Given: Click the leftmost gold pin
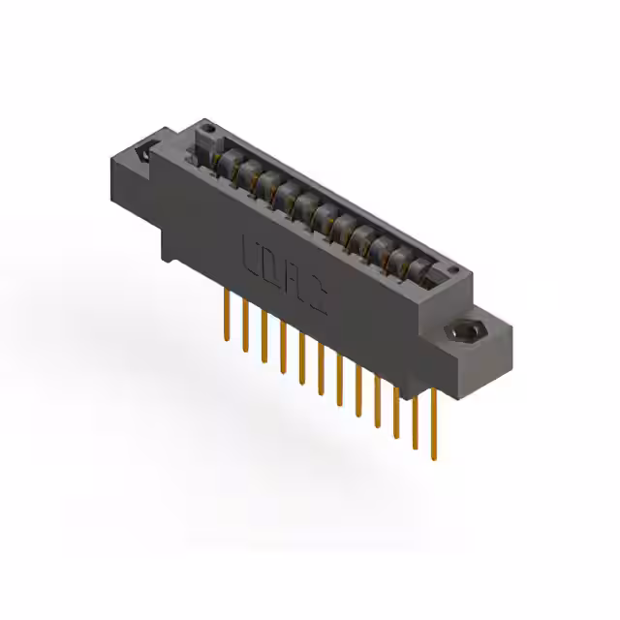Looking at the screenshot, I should [x=227, y=313].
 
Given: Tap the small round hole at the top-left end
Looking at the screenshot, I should [x=205, y=127].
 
